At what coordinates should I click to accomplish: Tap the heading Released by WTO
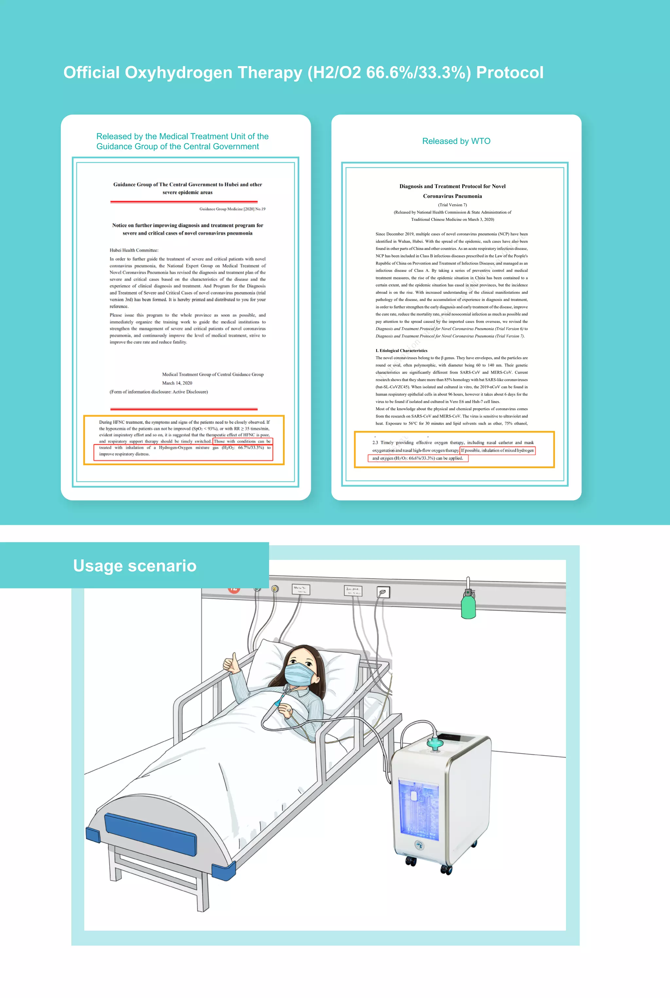(456, 141)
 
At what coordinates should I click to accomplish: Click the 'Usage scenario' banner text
(134, 566)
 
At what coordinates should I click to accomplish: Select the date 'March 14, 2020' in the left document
(177, 383)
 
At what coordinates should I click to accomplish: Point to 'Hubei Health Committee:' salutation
(134, 250)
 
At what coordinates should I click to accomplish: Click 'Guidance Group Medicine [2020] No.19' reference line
(232, 209)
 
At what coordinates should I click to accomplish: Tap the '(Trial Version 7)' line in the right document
(452, 205)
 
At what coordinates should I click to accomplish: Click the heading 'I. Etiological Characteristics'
(401, 350)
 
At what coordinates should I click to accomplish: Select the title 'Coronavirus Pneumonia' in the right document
(452, 196)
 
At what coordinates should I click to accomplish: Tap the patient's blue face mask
(299, 674)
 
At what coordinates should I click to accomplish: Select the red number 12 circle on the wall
(234, 589)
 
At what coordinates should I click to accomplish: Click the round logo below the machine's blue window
(419, 845)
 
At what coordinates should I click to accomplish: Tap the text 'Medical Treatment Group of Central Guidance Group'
(213, 374)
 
